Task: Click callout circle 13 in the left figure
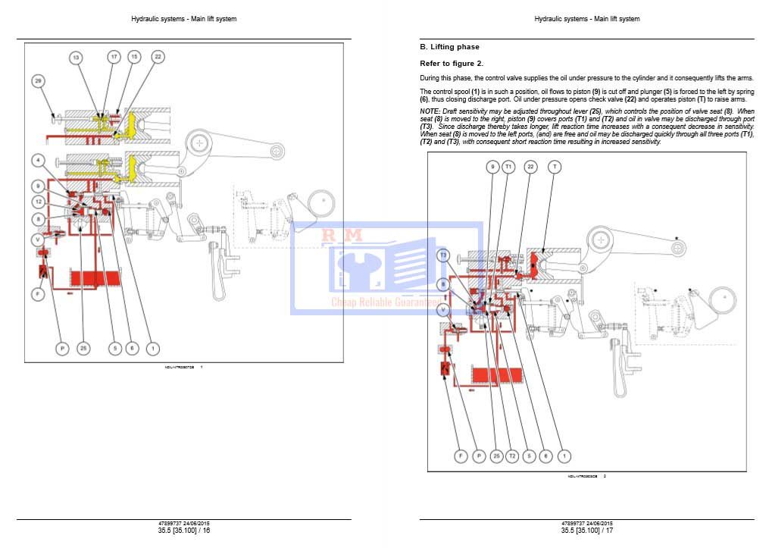pyautogui.click(x=76, y=57)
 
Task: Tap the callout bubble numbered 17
pyautogui.click(x=114, y=57)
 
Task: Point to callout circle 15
pyautogui.click(x=133, y=57)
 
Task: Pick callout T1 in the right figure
pyautogui.click(x=509, y=167)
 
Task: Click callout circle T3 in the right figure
pyautogui.click(x=443, y=255)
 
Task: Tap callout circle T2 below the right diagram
pyautogui.click(x=512, y=456)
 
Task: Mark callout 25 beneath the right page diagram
pyautogui.click(x=496, y=456)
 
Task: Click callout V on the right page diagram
pyautogui.click(x=443, y=310)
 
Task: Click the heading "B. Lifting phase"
pyautogui.click(x=449, y=47)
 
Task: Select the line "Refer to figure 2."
pyautogui.click(x=452, y=64)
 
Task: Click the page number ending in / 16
pyautogui.click(x=184, y=531)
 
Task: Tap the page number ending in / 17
pyautogui.click(x=587, y=531)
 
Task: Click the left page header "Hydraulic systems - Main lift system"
pyautogui.click(x=184, y=19)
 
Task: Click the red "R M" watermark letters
pyautogui.click(x=342, y=236)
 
